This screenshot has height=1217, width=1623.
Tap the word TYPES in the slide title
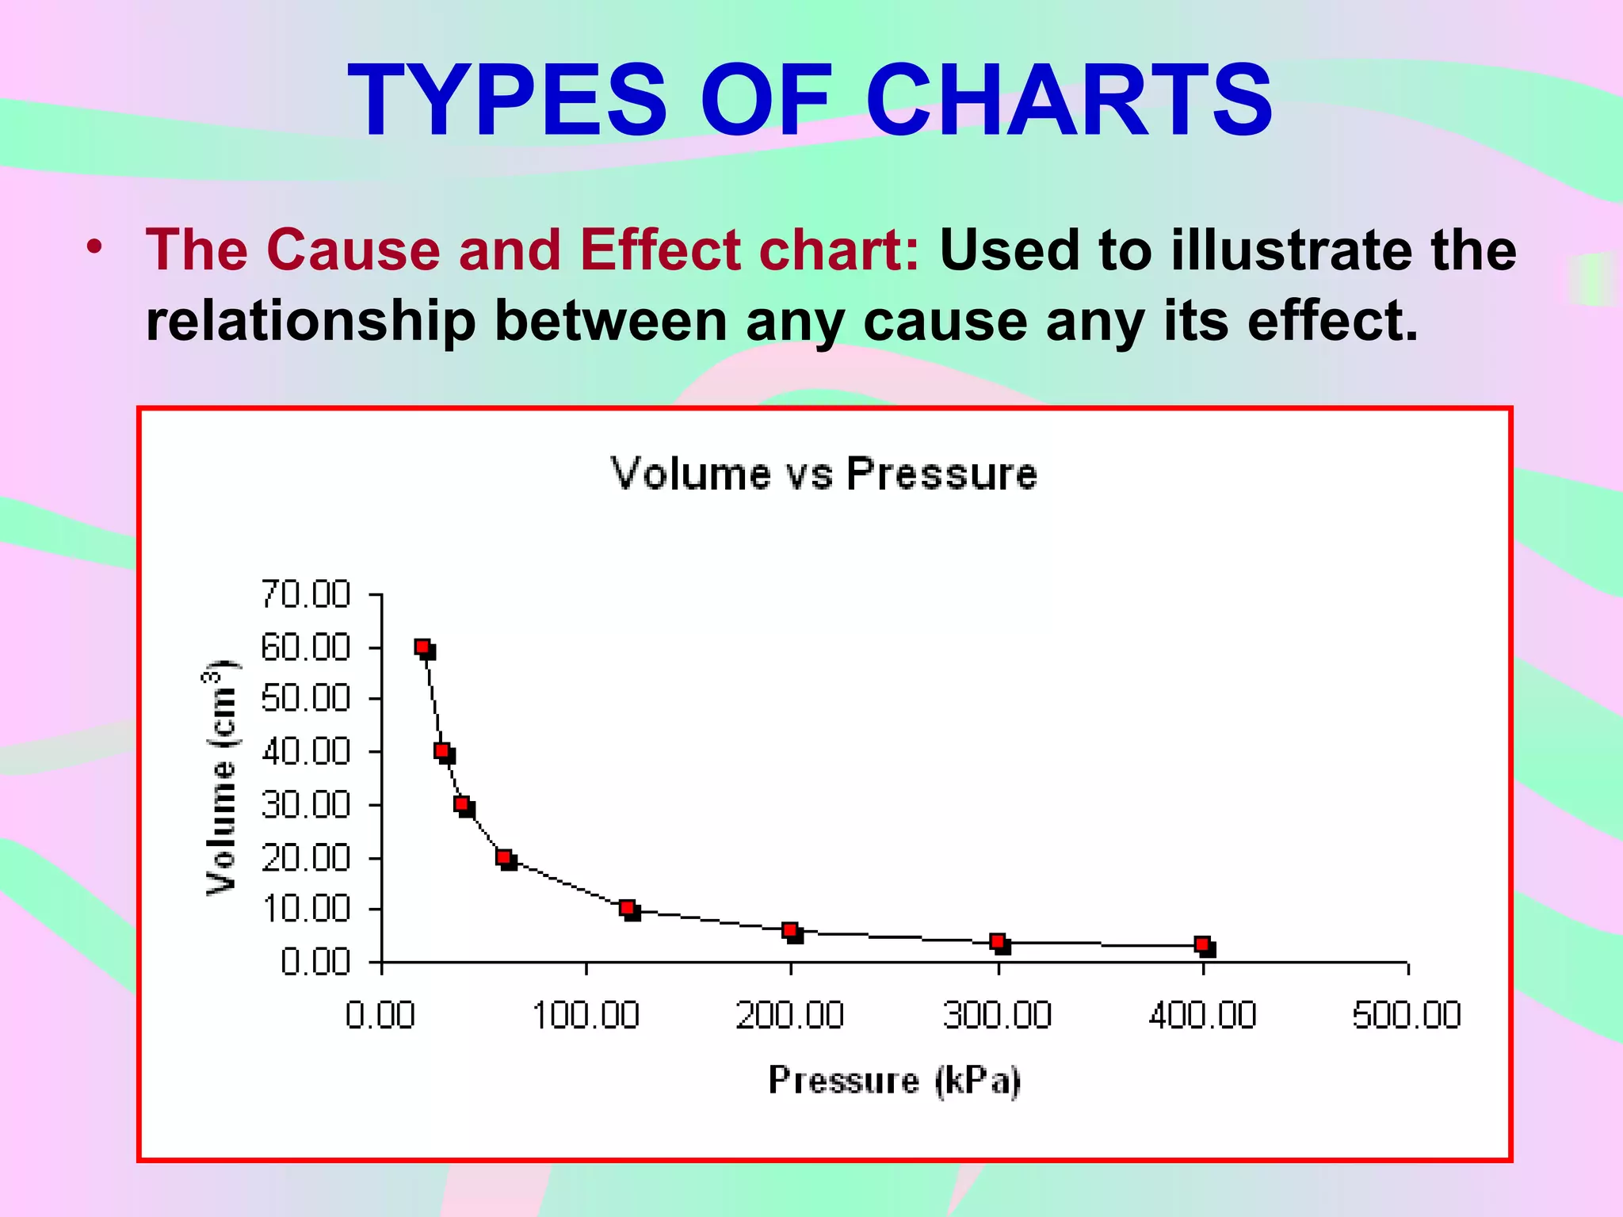(x=507, y=101)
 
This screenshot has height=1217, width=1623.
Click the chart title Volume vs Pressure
(x=823, y=474)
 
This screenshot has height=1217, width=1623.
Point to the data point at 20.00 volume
(x=504, y=857)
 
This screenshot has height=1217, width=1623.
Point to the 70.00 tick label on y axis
(x=306, y=594)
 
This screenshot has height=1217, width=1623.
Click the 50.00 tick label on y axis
(x=306, y=699)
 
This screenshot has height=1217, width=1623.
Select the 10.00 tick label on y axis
(x=306, y=909)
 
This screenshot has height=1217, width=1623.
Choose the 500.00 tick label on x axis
(x=1407, y=1015)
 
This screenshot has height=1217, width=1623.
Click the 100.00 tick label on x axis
(x=586, y=1015)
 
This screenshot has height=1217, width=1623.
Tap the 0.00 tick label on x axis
(x=380, y=1015)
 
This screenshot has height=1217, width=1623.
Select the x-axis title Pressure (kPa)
(x=895, y=1081)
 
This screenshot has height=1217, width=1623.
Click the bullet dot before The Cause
(x=95, y=247)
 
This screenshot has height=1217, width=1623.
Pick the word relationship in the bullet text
(x=311, y=321)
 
